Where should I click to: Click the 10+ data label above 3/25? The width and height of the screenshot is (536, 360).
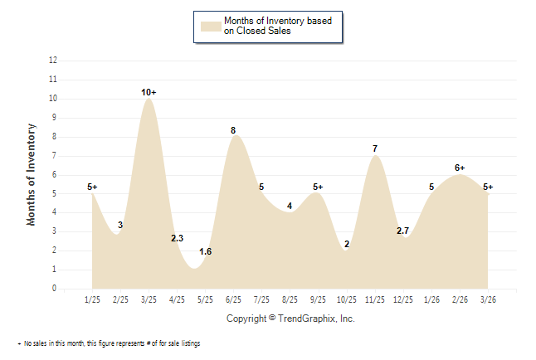(x=149, y=91)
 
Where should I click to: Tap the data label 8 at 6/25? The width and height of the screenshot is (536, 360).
(x=233, y=130)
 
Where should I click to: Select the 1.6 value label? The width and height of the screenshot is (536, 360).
(x=206, y=251)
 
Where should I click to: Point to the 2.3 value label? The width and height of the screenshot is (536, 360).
(x=177, y=238)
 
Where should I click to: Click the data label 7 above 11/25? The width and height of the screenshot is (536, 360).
(x=375, y=148)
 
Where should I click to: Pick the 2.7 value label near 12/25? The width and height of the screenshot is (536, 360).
(x=403, y=231)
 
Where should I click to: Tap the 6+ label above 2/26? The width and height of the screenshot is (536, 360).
(x=460, y=168)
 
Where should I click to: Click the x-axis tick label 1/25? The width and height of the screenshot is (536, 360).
(x=93, y=299)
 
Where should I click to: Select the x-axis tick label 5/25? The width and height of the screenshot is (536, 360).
(x=206, y=299)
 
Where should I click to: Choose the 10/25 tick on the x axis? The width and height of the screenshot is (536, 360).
(x=347, y=299)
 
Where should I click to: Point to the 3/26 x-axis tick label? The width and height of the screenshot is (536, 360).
(x=488, y=299)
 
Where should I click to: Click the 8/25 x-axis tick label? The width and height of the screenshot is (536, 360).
(x=290, y=299)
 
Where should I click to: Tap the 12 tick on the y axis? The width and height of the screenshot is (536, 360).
(x=53, y=61)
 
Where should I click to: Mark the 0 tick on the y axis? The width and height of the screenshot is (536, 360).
(x=55, y=289)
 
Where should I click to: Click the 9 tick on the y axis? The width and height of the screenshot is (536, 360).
(x=55, y=118)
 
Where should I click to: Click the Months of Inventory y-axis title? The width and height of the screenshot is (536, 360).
(x=32, y=174)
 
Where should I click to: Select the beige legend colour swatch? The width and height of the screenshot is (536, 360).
(x=209, y=26)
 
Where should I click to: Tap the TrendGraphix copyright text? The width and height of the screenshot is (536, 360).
(x=290, y=319)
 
